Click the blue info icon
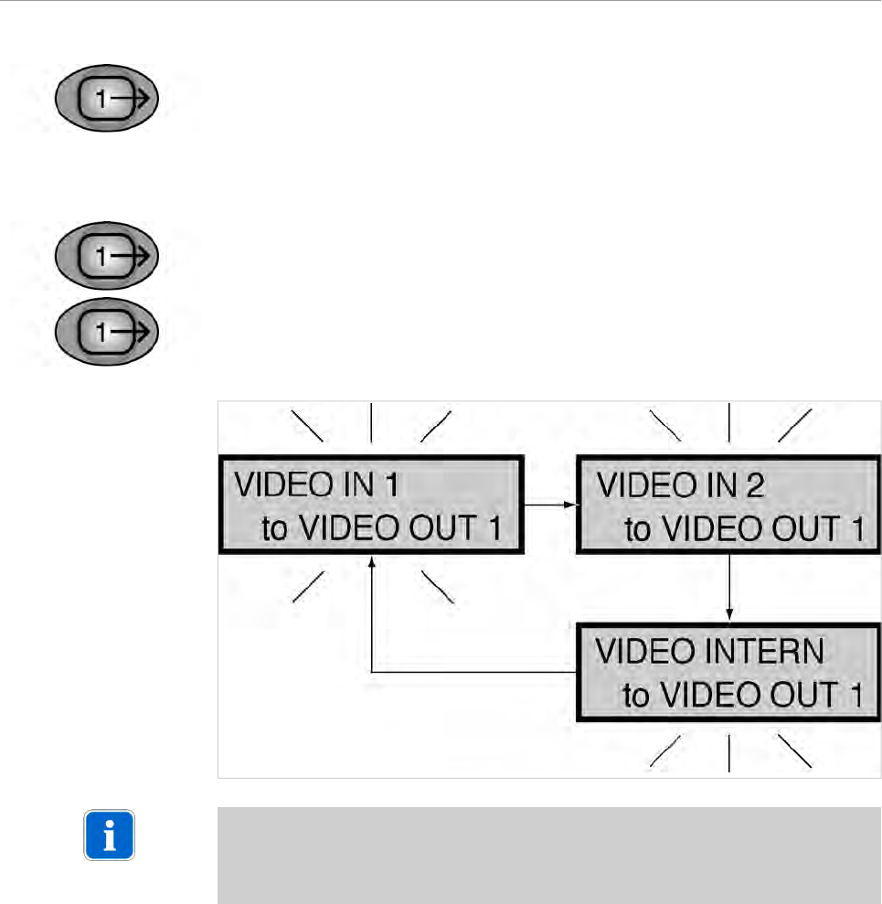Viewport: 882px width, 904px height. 110,835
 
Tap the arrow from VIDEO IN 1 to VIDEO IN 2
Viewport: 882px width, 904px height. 548,503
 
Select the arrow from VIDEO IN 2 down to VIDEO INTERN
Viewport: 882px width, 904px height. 728,586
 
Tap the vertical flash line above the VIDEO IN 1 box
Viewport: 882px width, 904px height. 370,422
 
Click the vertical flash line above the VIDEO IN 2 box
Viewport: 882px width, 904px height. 728,422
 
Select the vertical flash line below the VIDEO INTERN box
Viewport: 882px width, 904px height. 728,755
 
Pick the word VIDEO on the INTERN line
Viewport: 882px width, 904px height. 640,653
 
